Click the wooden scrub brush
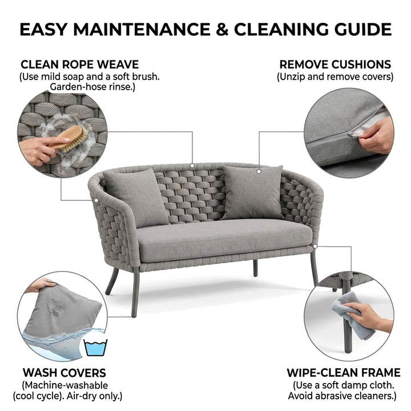70,138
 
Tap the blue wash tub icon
95,348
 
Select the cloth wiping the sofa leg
353,315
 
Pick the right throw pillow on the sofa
252,193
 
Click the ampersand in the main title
221,29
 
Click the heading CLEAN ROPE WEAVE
80,65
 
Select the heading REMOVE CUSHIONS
335,65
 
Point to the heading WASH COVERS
64,373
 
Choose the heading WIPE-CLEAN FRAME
344,373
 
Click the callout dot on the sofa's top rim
192,166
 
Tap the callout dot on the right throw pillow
259,171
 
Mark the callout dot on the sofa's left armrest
96,200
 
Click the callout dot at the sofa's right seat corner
315,246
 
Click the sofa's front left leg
135,292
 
